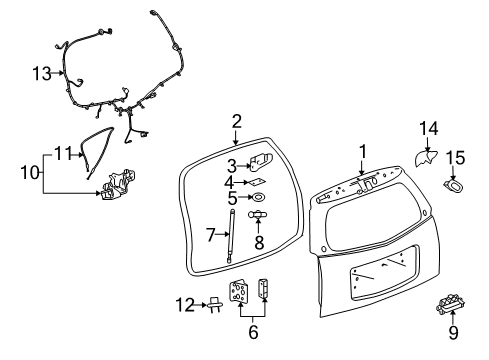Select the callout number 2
tap(236, 121)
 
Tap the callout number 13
tap(40, 73)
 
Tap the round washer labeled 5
tap(258, 198)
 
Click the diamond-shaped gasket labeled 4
tap(258, 182)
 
